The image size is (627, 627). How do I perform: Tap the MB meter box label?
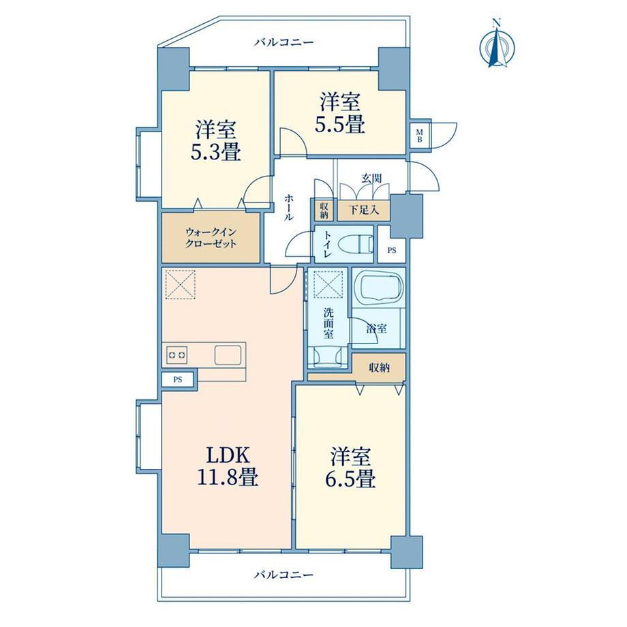(x=419, y=135)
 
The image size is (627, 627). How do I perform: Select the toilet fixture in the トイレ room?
(x=356, y=244)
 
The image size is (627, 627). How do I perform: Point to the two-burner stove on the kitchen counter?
(x=177, y=354)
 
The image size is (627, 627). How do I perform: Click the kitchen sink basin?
(x=228, y=354)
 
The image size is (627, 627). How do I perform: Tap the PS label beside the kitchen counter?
(x=178, y=380)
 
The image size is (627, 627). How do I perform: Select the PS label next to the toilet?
(x=392, y=251)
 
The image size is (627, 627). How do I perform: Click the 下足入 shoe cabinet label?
(x=363, y=209)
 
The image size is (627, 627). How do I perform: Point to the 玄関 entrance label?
(x=371, y=179)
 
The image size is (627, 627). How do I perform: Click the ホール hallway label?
(x=289, y=207)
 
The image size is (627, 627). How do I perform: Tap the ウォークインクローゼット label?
(x=211, y=238)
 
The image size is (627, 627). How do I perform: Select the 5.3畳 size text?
(x=215, y=153)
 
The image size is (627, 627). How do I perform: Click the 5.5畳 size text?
(x=340, y=124)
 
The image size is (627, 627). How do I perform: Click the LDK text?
(x=228, y=455)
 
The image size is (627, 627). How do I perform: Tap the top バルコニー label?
(x=284, y=42)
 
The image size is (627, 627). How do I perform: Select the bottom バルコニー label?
(x=284, y=575)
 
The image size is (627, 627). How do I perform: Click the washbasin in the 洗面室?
(x=328, y=356)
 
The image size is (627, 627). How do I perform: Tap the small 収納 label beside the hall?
(x=324, y=210)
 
